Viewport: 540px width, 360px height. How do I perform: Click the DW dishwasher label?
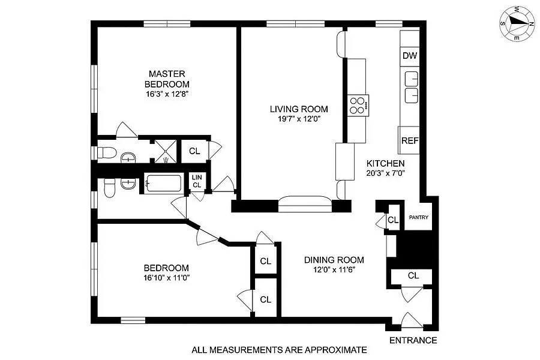409,56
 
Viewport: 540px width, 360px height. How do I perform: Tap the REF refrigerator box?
409,141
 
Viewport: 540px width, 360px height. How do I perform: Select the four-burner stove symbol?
358,105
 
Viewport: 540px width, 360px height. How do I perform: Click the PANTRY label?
418,217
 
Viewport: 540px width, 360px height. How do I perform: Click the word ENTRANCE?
413,340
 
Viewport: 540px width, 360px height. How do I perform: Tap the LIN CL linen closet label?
197,181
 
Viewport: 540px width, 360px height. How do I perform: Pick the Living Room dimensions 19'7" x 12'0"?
298,119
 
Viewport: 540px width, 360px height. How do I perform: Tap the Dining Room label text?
334,260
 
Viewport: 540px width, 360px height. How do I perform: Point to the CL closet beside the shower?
194,151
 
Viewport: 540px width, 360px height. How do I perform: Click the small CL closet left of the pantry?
393,220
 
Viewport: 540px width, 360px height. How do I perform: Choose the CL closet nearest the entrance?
413,275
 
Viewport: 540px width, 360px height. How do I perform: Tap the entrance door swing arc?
414,320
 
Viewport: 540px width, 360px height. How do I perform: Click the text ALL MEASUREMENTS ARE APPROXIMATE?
278,349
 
